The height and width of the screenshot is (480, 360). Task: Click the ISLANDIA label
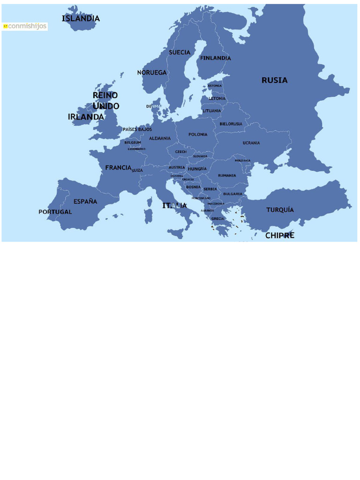point(81,19)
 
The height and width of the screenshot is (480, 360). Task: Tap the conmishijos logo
point(25,26)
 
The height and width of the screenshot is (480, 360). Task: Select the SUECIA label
point(180,52)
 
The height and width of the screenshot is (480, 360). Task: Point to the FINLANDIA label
point(216,58)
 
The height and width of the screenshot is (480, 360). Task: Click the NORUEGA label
point(152,73)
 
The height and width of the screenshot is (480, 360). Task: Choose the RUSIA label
point(274,80)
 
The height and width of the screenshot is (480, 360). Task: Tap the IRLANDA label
point(86,117)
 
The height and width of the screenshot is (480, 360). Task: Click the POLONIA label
point(198,135)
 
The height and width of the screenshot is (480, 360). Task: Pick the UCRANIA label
point(251,143)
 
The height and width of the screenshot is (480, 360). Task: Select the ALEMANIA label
point(160,138)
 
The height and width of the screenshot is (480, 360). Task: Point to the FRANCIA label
point(118,167)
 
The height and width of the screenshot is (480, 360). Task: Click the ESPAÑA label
point(85,202)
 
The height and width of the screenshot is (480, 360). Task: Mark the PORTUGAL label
point(55,212)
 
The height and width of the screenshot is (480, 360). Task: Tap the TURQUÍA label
point(280,210)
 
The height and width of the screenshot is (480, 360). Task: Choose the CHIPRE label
point(280,235)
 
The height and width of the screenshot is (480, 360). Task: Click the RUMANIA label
point(227,175)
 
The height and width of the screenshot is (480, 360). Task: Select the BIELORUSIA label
point(231,124)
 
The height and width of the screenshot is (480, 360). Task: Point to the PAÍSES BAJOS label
point(137,129)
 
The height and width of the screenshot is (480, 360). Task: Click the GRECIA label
point(217,219)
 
